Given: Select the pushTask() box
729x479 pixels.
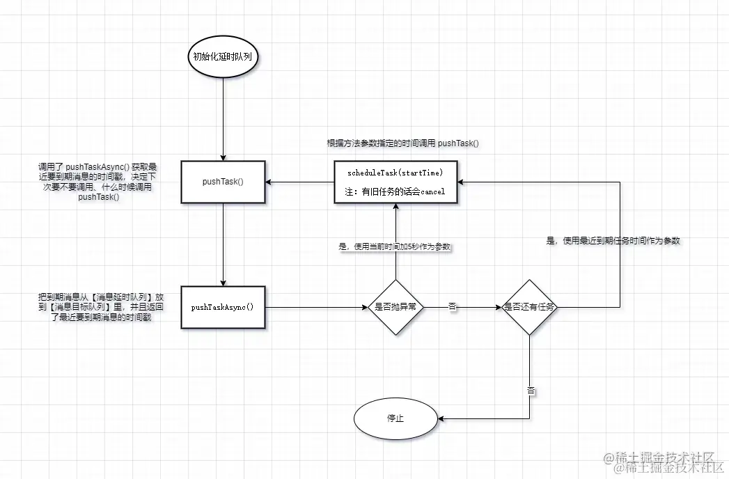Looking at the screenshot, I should click(222, 182).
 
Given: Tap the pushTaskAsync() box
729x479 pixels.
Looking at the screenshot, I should click(222, 307).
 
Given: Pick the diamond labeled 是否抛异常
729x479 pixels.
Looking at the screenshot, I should click(395, 307).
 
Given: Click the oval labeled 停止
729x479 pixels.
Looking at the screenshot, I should click(395, 419).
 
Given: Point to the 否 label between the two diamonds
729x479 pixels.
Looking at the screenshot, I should click(453, 307).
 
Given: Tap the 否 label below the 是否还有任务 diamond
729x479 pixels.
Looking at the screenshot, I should click(531, 391).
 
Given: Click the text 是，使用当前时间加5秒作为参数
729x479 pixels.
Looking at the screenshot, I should click(395, 246).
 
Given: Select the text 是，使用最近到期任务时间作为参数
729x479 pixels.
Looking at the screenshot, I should click(613, 240).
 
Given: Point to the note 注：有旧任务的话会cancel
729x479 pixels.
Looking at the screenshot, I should click(395, 191).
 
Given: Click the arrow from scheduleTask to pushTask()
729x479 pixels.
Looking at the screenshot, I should click(299, 182).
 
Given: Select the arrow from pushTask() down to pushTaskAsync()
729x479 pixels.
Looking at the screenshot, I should click(222, 244).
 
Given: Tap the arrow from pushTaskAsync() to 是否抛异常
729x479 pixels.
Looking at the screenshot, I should click(317, 307).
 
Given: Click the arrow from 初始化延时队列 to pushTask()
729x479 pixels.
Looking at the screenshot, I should click(222, 118).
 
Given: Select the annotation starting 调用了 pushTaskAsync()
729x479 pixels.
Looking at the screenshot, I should click(97, 182).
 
